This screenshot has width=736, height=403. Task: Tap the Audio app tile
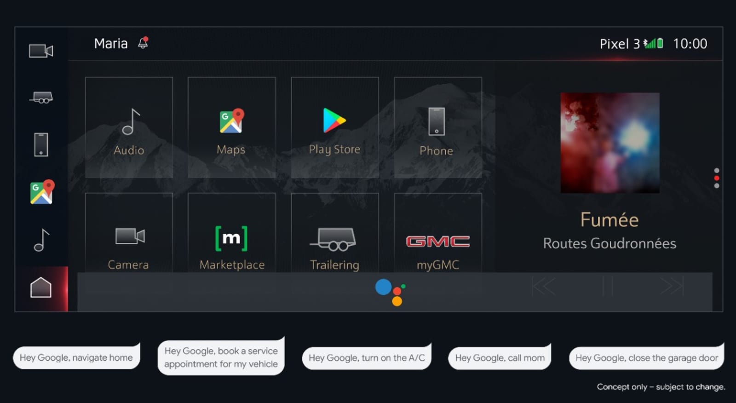(129, 127)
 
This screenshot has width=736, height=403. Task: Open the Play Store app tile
(335, 127)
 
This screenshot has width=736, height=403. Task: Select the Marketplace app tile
(232, 233)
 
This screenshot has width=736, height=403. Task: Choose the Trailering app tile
(335, 233)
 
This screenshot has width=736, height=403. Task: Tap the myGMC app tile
(438, 233)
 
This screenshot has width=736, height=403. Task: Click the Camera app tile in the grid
(129, 233)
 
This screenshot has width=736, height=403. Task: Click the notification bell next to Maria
(143, 43)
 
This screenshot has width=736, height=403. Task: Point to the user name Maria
(111, 43)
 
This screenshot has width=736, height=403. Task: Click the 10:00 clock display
(690, 44)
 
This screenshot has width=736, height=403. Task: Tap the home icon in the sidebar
(41, 287)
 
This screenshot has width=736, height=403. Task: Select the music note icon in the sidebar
(41, 240)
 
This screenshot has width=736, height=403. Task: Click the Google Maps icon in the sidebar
(42, 192)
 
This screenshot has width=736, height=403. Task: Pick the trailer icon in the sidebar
(41, 97)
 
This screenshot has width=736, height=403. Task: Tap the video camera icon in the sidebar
(41, 51)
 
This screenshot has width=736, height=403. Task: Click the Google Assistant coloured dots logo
(391, 292)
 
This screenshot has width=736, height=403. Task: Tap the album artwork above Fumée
(610, 143)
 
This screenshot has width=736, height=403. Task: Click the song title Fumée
(609, 219)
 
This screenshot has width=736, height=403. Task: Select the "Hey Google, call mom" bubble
(500, 357)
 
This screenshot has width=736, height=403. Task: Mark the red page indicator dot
(717, 178)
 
